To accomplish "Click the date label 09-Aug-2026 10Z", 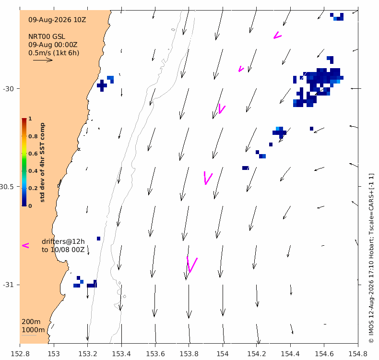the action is [57, 20].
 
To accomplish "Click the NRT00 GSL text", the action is [47, 37].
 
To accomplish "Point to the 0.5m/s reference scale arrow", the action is [43, 60].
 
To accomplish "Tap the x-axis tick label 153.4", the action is [121, 354].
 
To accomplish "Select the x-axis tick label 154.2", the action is [257, 354].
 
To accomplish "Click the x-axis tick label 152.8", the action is [20, 354].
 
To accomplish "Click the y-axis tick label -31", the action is [8, 285].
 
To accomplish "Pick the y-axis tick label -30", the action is [8, 89].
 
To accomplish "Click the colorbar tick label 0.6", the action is [33, 154].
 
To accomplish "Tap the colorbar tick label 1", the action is [30, 119].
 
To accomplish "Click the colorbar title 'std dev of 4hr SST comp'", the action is [42, 162].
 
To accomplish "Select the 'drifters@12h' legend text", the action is [63, 241].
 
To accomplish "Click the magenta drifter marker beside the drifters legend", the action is [25, 245].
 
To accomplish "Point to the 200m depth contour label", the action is [31, 322].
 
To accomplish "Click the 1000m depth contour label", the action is [33, 330].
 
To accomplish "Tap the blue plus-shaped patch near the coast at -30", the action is [102, 85].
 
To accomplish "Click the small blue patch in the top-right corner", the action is [337, 17].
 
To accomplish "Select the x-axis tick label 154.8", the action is [358, 354].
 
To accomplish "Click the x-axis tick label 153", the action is [54, 354].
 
